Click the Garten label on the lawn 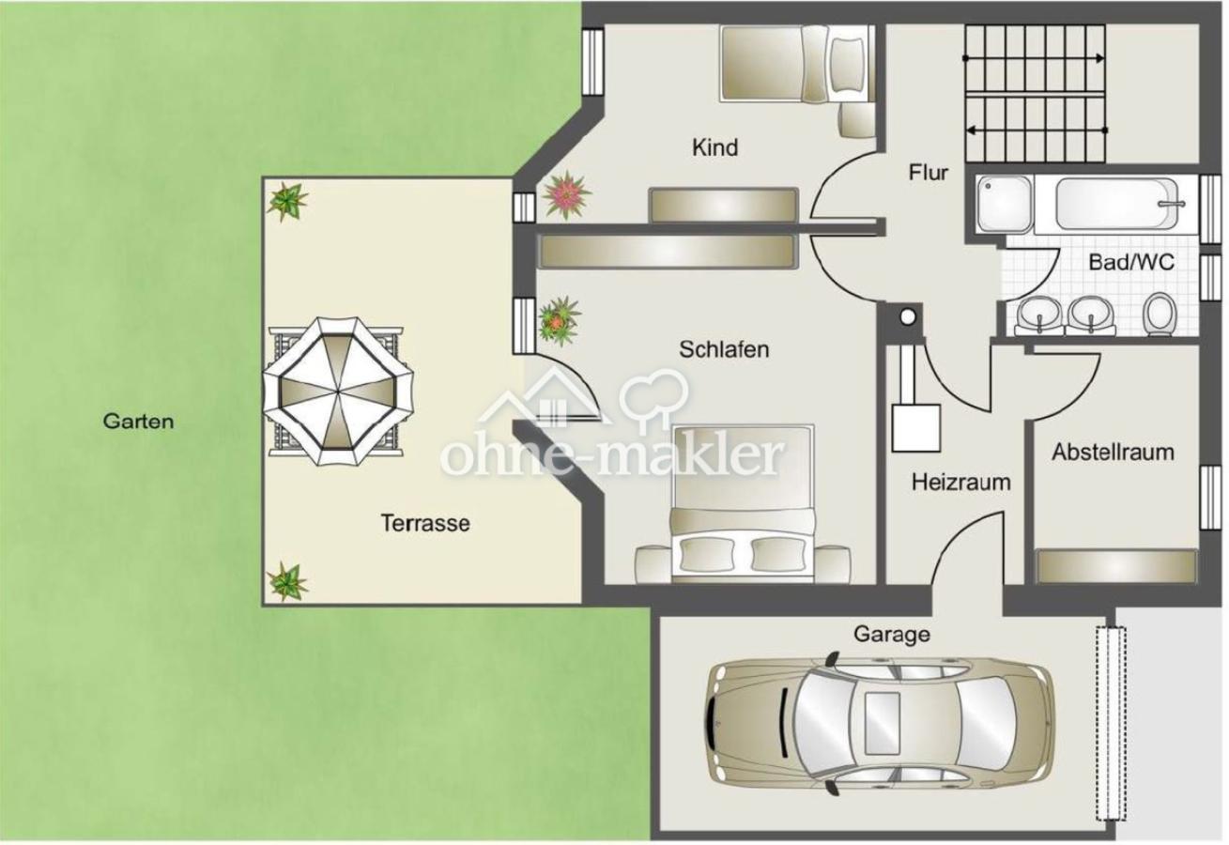138,422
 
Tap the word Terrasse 425,523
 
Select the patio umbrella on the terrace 338,391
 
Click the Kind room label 714,147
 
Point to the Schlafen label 724,349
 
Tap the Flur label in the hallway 928,173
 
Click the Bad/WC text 1131,262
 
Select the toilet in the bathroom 1159,314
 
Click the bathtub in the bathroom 1117,204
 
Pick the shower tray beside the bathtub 1004,204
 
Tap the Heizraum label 960,483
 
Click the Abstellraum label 1113,453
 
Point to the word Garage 892,635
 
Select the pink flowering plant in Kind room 566,195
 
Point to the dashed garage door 1111,731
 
